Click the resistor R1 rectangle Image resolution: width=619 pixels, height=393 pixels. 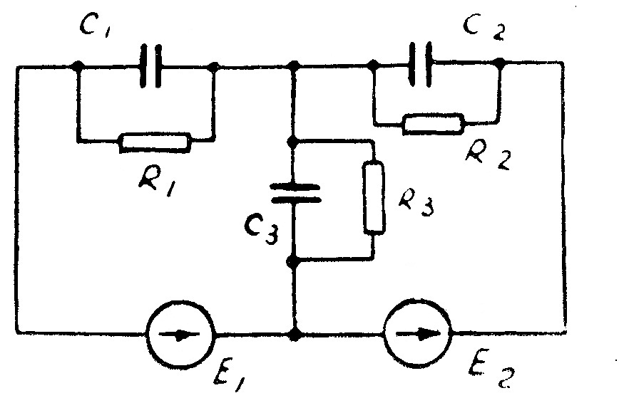pyautogui.click(x=155, y=142)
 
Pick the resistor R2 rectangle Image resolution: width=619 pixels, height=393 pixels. pyautogui.click(x=434, y=124)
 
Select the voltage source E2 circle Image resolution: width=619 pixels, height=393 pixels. pyautogui.click(x=417, y=333)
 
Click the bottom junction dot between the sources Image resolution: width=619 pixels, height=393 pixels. pyautogui.click(x=295, y=332)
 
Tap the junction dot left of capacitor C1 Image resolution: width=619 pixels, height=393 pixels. pyautogui.click(x=78, y=67)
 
